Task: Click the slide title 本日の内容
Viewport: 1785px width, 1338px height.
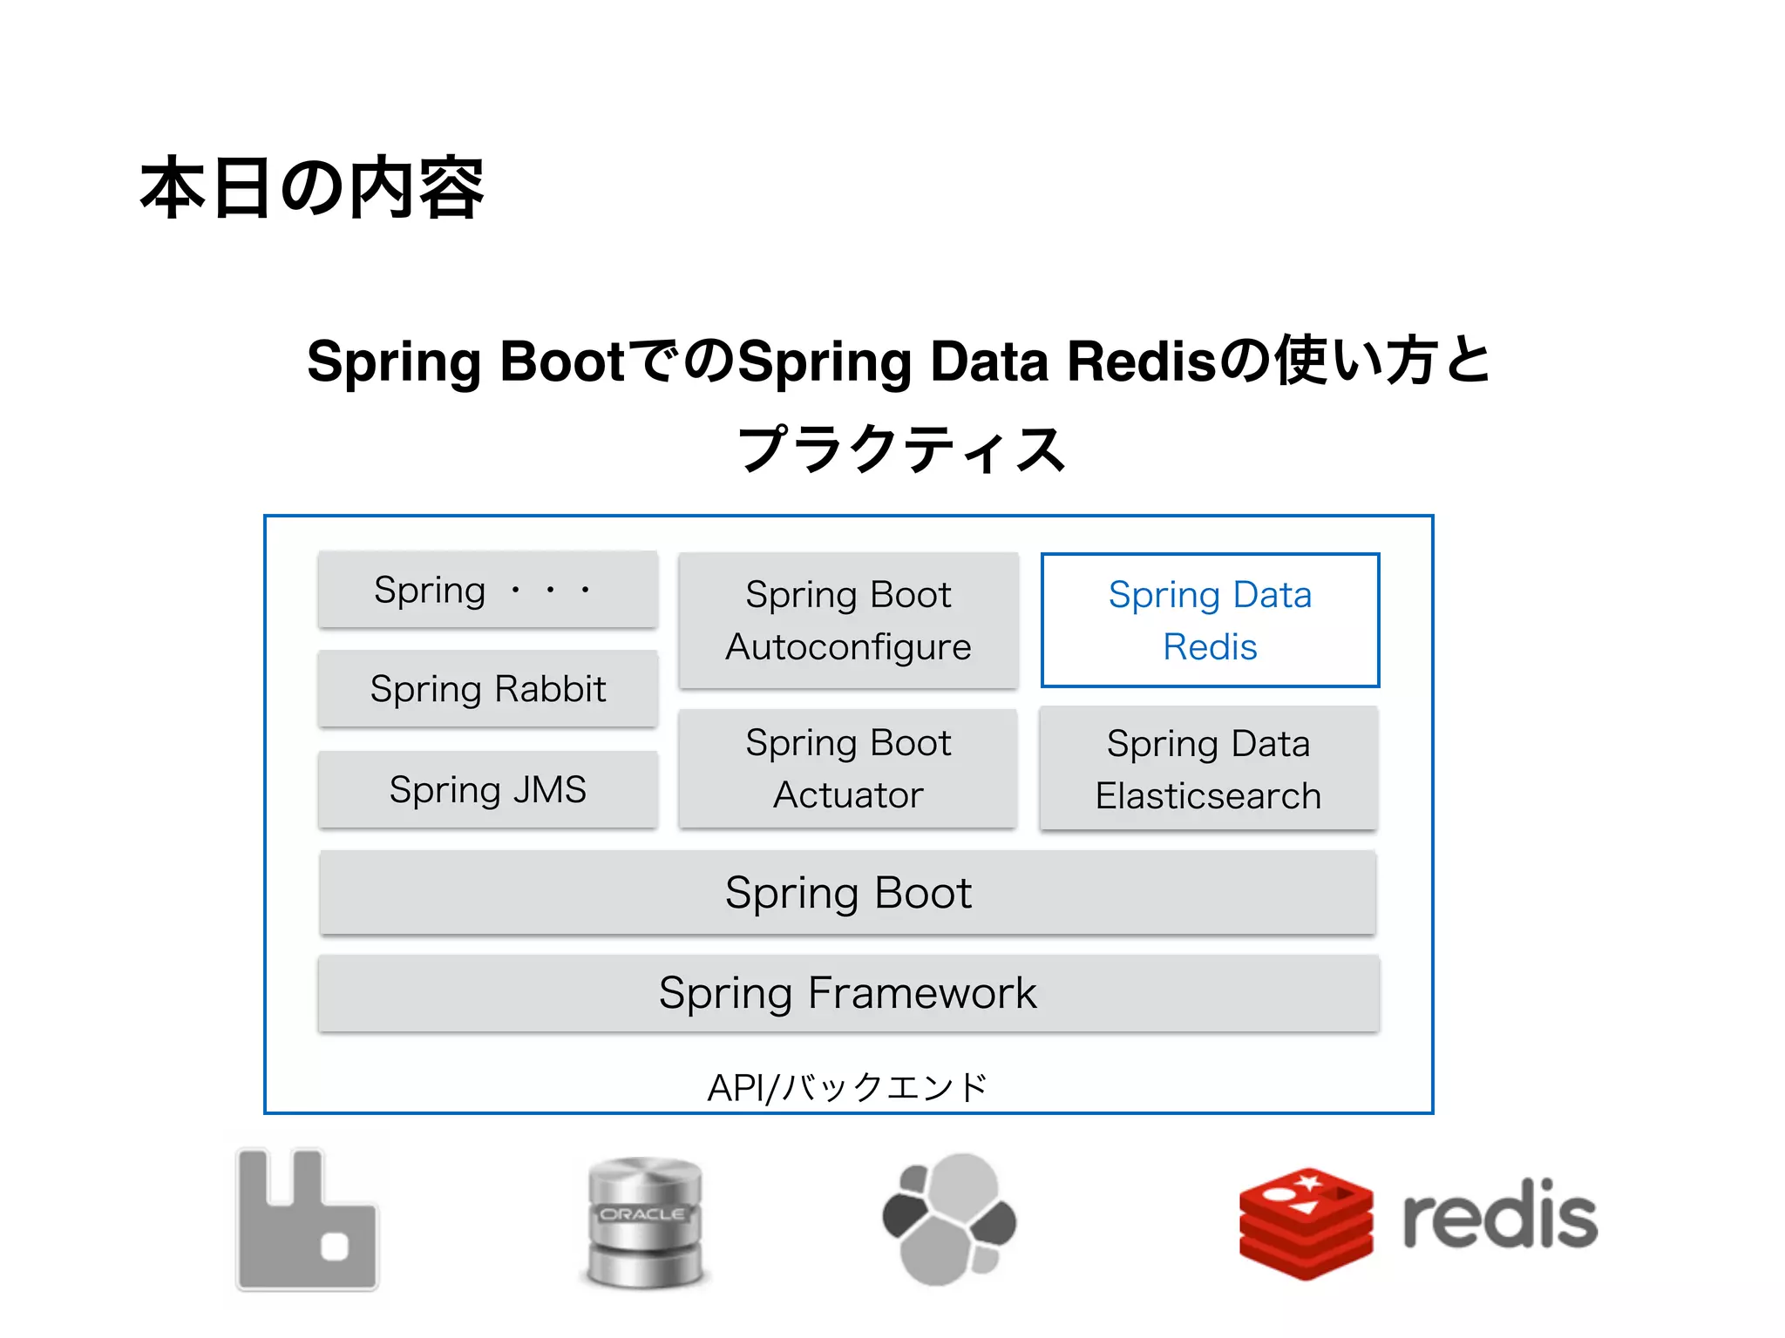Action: tap(311, 188)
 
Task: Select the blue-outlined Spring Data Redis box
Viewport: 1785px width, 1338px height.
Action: tap(1210, 620)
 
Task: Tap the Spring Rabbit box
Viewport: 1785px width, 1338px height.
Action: tap(488, 689)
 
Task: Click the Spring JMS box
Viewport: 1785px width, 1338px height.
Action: tap(488, 789)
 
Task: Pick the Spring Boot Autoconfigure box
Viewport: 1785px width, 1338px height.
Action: tap(848, 620)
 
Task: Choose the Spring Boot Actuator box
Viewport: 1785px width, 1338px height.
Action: tap(848, 768)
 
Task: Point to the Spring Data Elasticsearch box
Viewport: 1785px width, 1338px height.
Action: tap(1208, 768)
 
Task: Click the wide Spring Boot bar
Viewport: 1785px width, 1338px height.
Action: tap(848, 893)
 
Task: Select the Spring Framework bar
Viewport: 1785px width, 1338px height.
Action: tap(848, 993)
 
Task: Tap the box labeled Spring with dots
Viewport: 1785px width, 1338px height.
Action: tap(488, 590)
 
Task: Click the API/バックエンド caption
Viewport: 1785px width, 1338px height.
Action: tap(847, 1087)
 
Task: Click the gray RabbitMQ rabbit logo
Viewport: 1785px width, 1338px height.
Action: tap(307, 1220)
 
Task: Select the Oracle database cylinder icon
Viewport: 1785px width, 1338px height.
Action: tap(645, 1221)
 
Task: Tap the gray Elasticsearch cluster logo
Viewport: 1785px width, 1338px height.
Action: tap(949, 1220)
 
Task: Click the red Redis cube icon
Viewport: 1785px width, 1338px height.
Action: tap(1306, 1223)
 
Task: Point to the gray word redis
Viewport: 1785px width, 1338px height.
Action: tap(1499, 1216)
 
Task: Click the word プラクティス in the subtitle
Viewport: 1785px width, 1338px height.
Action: tap(901, 449)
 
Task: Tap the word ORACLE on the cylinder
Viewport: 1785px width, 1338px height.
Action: tap(643, 1213)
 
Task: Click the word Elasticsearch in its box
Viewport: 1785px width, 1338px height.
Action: tap(1208, 795)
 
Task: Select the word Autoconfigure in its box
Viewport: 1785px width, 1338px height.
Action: tap(848, 647)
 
